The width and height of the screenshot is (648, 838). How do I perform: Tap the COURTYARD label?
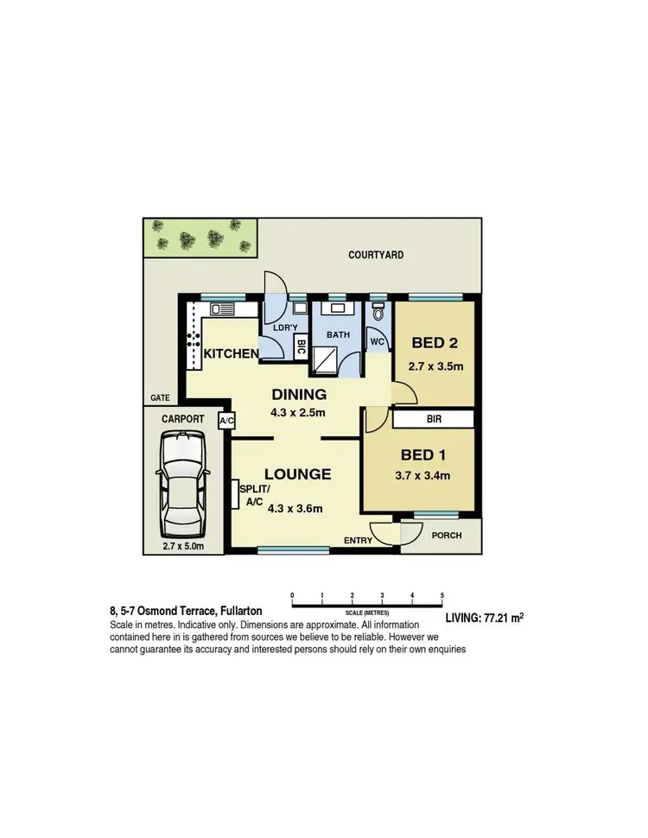coord(376,255)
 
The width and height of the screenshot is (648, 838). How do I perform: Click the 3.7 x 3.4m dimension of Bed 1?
coord(423,475)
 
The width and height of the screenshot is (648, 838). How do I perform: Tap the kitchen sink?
coord(219,308)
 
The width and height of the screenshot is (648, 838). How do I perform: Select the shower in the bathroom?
coord(325,357)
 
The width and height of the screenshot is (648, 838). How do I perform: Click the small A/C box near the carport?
coord(227,421)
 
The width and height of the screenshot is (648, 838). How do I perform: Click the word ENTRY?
coord(358,541)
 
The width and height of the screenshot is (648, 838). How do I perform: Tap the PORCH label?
coord(446,536)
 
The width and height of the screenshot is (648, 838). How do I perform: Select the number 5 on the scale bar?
coord(442,595)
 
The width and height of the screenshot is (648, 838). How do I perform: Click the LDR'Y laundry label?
coord(284,330)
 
